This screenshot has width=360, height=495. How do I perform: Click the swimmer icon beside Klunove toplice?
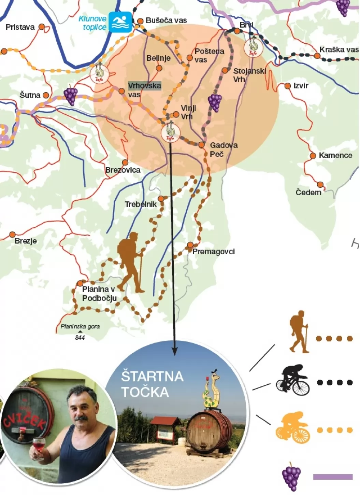[120, 22]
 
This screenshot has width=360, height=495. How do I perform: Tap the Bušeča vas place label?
[166, 20]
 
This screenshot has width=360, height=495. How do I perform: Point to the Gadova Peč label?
[224, 150]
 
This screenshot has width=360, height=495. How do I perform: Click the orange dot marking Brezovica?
[125, 162]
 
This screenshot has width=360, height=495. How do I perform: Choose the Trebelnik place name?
[141, 204]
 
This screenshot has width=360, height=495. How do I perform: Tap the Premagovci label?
[214, 252]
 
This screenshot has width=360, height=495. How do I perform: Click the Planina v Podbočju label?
[99, 294]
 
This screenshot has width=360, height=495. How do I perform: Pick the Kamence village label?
[335, 155]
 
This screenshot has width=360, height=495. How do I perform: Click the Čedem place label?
[308, 193]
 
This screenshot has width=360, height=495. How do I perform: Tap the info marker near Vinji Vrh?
[170, 132]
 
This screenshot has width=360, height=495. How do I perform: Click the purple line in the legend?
[333, 477]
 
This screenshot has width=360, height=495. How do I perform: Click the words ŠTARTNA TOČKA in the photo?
[152, 384]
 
